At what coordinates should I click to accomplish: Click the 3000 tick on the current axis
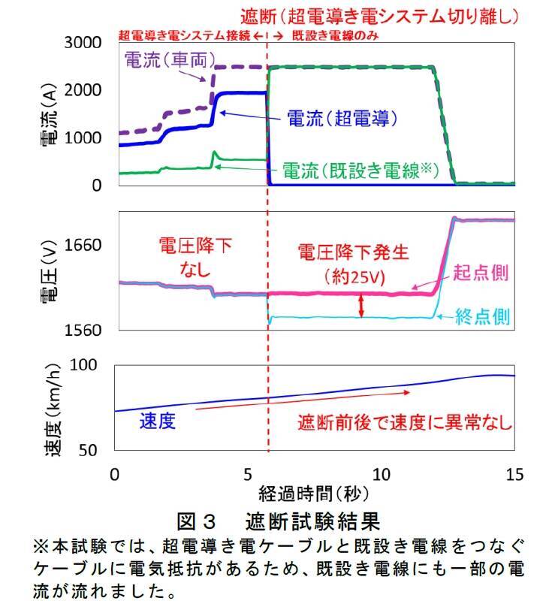point(85,43)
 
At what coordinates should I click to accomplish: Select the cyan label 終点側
point(483,318)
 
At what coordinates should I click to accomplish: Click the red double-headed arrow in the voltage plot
point(361,305)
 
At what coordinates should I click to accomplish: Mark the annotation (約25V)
point(352,276)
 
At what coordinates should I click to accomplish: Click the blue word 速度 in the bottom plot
point(158,421)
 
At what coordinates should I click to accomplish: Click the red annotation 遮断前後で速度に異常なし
point(405,421)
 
